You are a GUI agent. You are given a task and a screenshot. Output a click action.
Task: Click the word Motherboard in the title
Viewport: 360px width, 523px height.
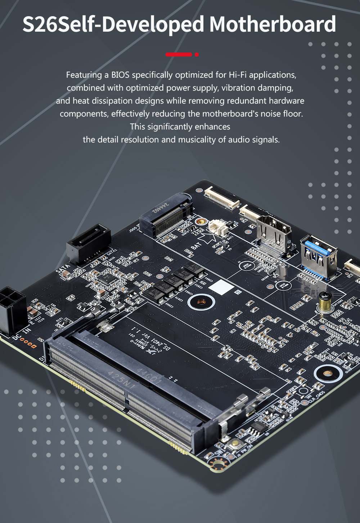(273, 24)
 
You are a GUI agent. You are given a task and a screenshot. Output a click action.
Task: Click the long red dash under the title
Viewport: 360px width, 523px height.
(179, 55)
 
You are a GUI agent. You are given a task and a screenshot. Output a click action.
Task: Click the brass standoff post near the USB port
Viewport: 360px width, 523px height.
(324, 302)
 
